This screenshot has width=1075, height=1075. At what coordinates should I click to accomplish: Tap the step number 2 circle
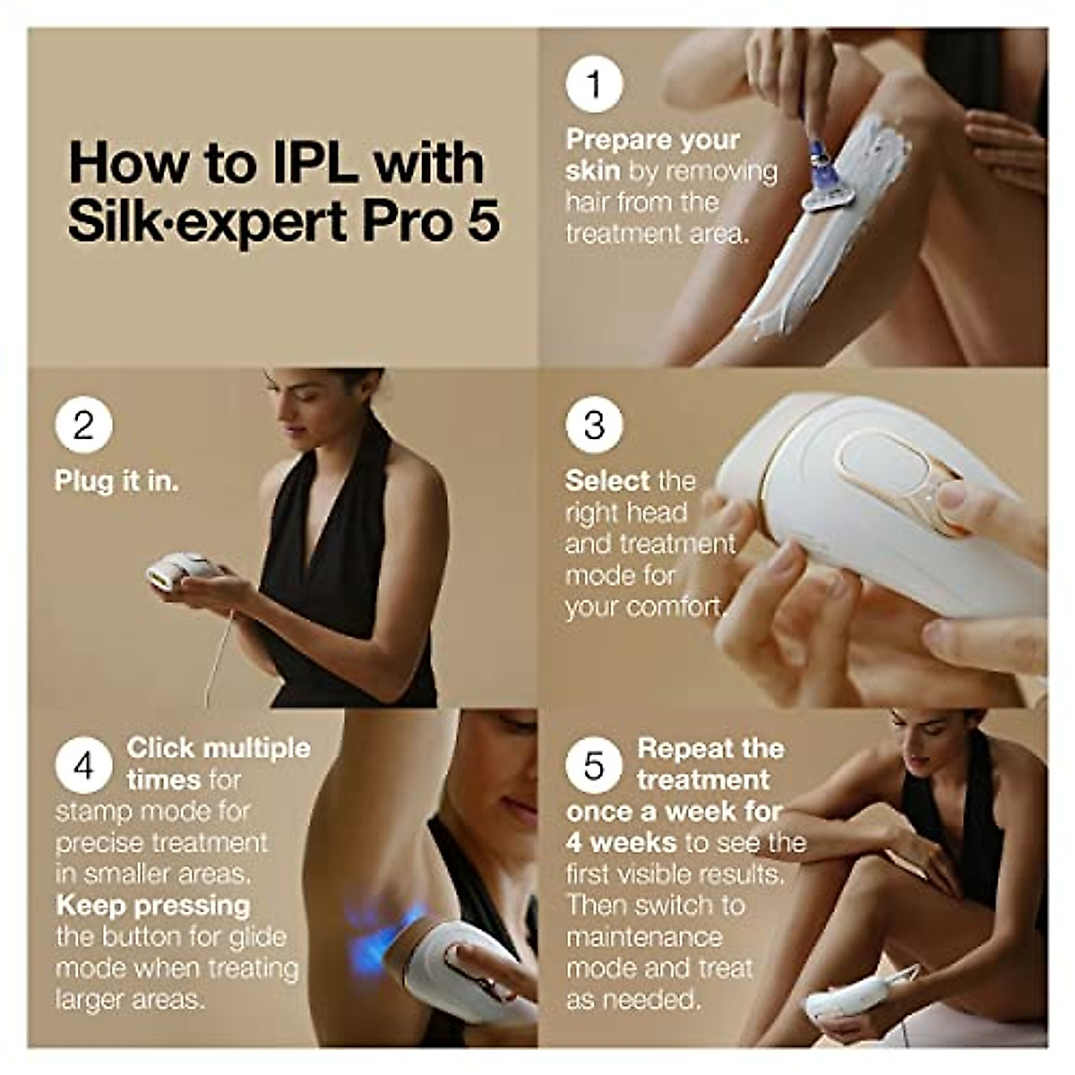coord(83,424)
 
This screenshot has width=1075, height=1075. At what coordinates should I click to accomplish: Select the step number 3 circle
coord(594,424)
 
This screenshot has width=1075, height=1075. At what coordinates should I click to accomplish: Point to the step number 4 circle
coord(83,766)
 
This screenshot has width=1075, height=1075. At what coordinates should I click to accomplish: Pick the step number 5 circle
coord(594,766)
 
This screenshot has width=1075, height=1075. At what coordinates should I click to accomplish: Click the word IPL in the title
coord(314,163)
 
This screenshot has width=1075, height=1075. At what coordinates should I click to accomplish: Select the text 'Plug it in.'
coord(116,481)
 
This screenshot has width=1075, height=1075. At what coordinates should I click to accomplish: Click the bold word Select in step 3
coord(606,481)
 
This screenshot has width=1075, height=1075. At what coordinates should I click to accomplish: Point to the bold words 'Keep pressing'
coord(152,905)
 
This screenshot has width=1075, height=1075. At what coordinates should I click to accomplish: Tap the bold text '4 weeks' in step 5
coord(620,842)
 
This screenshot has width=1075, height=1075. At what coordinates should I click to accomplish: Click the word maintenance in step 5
coord(643,937)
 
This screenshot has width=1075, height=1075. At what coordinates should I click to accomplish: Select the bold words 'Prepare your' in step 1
coord(653,140)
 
